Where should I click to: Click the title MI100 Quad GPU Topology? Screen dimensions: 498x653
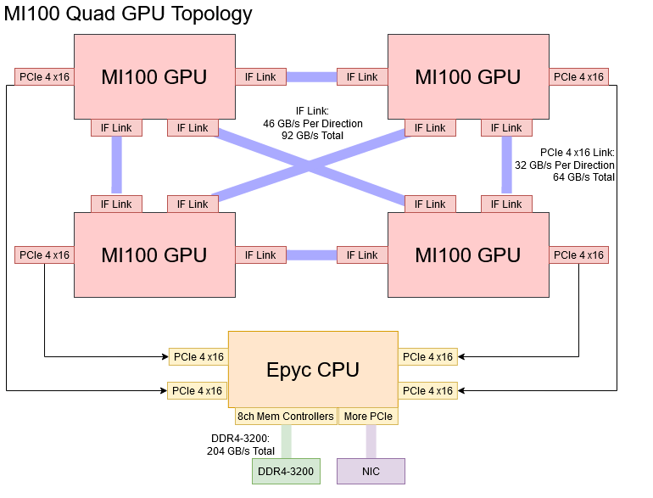tap(128, 14)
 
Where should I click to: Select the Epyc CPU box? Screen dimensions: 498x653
tap(313, 369)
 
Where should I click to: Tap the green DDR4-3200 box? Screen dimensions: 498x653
tap(286, 471)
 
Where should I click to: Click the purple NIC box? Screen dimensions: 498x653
tap(371, 471)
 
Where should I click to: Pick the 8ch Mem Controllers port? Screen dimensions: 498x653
tap(286, 417)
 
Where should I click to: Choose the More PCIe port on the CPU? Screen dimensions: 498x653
tap(367, 417)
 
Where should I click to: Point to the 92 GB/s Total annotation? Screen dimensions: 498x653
tap(313, 135)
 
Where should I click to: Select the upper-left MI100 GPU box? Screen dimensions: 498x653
tap(154, 76)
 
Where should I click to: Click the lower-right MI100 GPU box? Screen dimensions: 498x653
tap(468, 255)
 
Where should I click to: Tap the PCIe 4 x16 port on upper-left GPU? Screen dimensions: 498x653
tap(44, 77)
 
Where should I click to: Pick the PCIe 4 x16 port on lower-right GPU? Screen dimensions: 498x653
tap(578, 255)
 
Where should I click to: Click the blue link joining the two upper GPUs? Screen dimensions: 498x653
tap(311, 77)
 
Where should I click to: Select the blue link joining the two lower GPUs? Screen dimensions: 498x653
tap(311, 255)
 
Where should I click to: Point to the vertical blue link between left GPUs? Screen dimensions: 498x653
tap(116, 165)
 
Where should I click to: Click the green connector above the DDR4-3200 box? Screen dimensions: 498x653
tap(286, 441)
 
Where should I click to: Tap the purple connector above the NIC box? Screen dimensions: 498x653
tap(371, 441)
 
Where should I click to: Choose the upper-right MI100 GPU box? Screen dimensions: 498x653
tap(468, 76)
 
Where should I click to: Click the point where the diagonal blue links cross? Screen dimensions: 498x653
tap(311, 166)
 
